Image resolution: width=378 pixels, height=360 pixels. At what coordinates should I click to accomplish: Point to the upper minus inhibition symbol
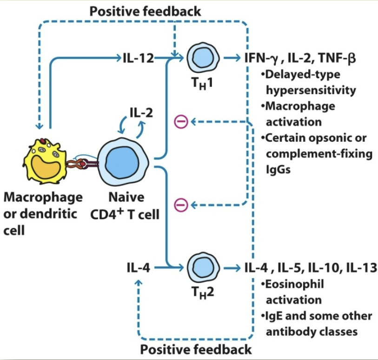180,122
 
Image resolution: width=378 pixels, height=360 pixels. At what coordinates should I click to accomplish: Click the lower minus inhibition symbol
180,204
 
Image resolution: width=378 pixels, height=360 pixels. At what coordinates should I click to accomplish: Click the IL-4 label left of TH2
138,268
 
